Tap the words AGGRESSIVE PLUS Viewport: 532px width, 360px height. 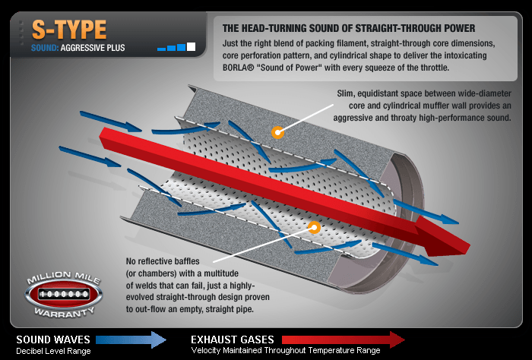pos(93,49)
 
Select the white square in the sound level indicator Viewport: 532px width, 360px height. pos(191,47)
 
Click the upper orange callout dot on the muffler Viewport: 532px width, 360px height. pos(278,133)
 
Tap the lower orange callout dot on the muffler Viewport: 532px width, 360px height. pos(314,226)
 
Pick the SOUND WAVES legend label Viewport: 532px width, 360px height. pos(53,339)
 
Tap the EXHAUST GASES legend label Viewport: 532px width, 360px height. pos(232,339)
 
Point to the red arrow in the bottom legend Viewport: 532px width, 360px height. pos(343,339)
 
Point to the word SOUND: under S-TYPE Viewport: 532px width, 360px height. pos(44,49)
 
